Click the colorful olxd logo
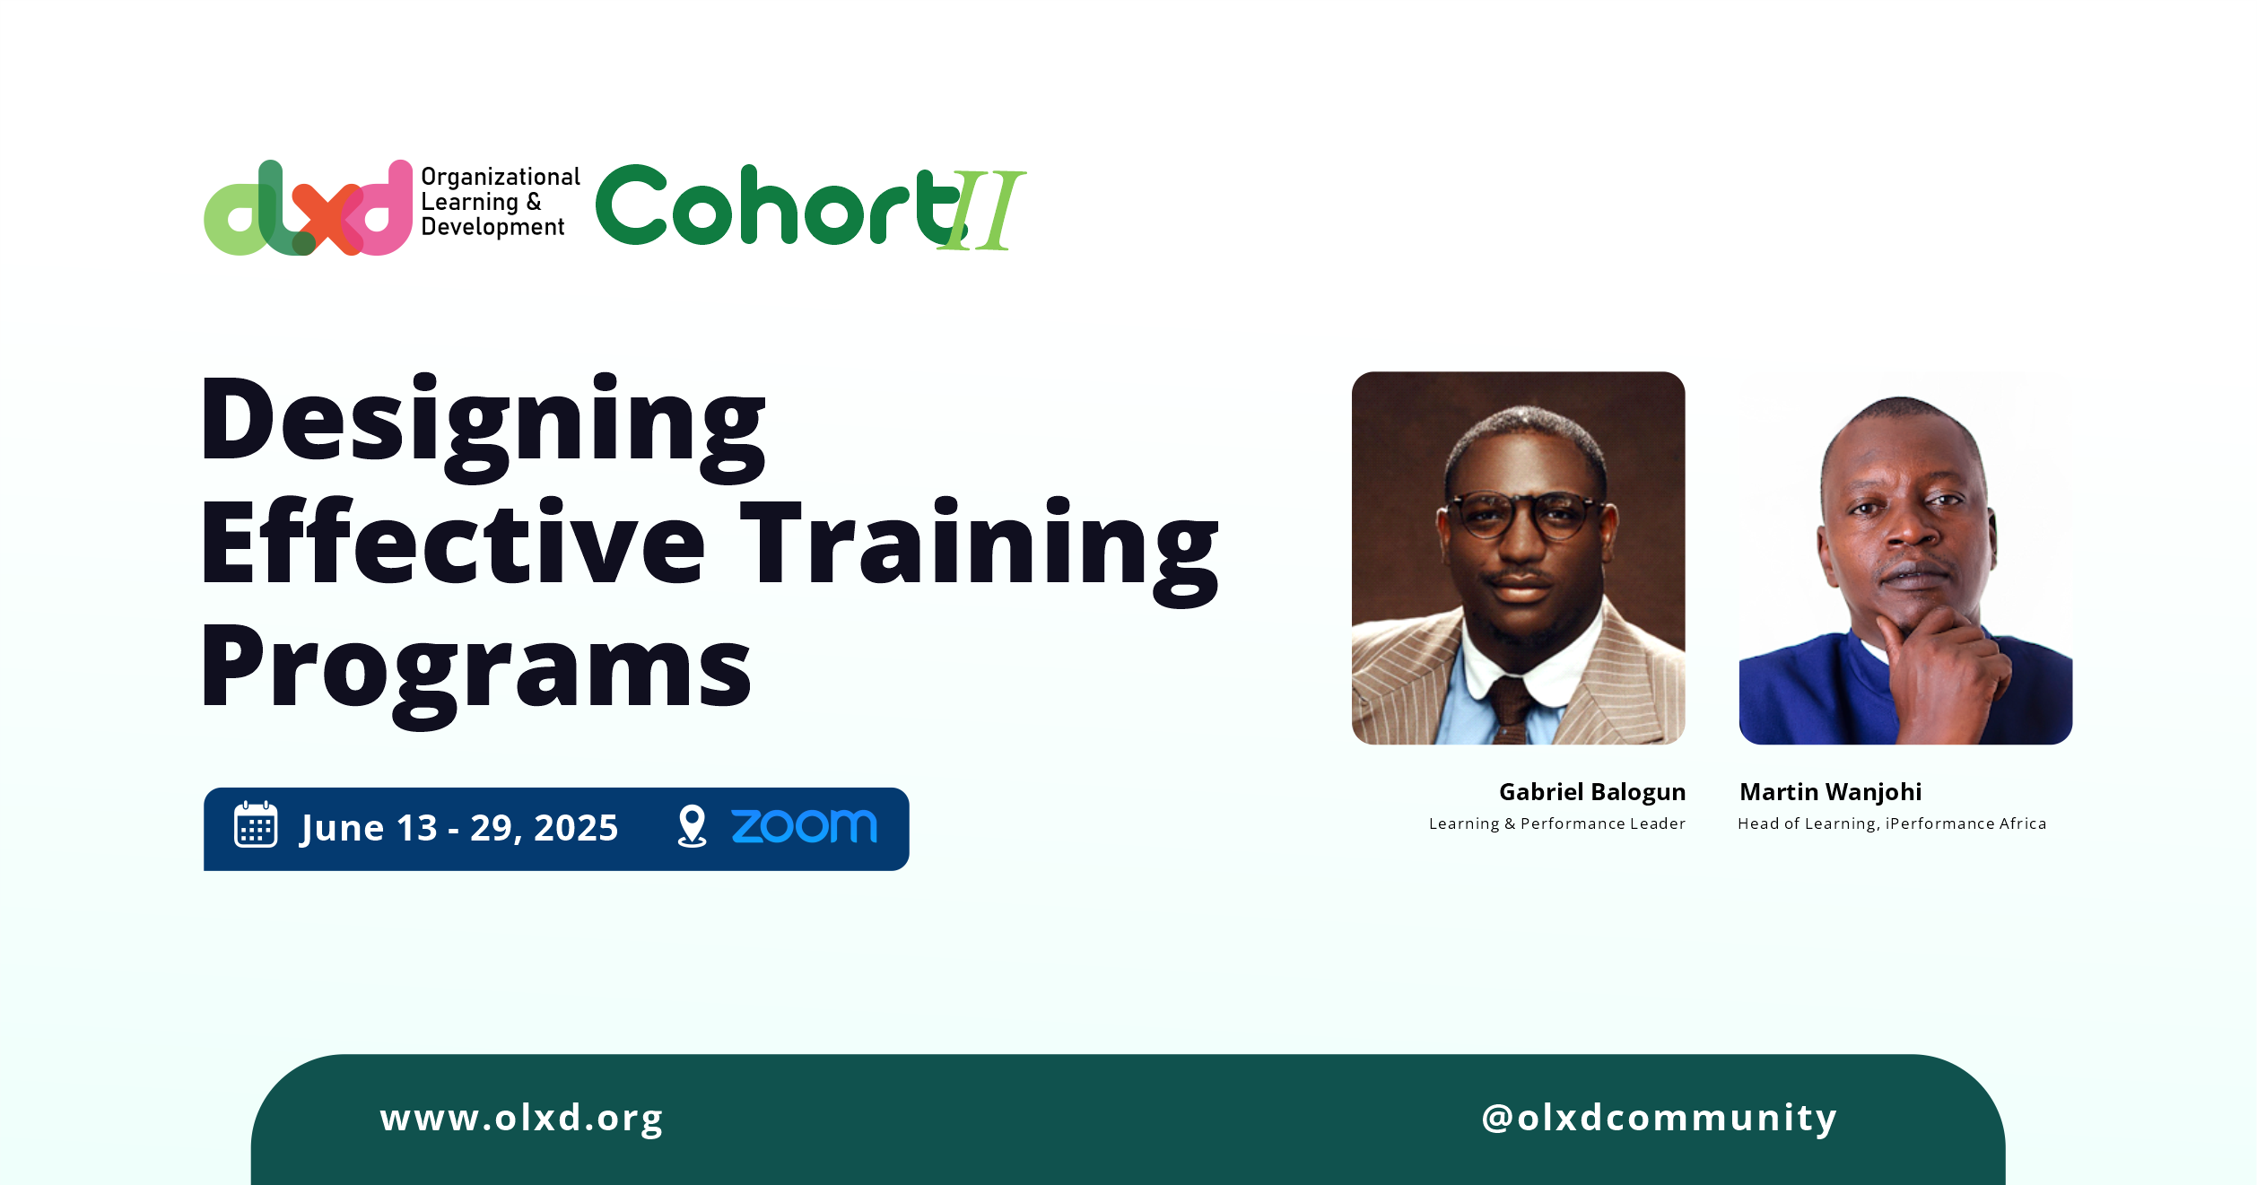pos(308,207)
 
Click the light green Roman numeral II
pos(984,210)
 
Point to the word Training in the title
pos(980,551)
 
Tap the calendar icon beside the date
pos(256,824)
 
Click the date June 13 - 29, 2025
pos(459,828)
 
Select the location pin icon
pos(692,826)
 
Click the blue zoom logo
pos(805,826)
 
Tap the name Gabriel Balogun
pos(1592,793)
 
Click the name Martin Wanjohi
pos(1830,792)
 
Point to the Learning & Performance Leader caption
pos(1557,823)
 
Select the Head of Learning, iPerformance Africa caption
pos(1892,823)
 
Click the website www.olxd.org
pos(521,1119)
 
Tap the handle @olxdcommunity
pos(1660,1118)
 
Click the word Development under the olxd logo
pos(492,228)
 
